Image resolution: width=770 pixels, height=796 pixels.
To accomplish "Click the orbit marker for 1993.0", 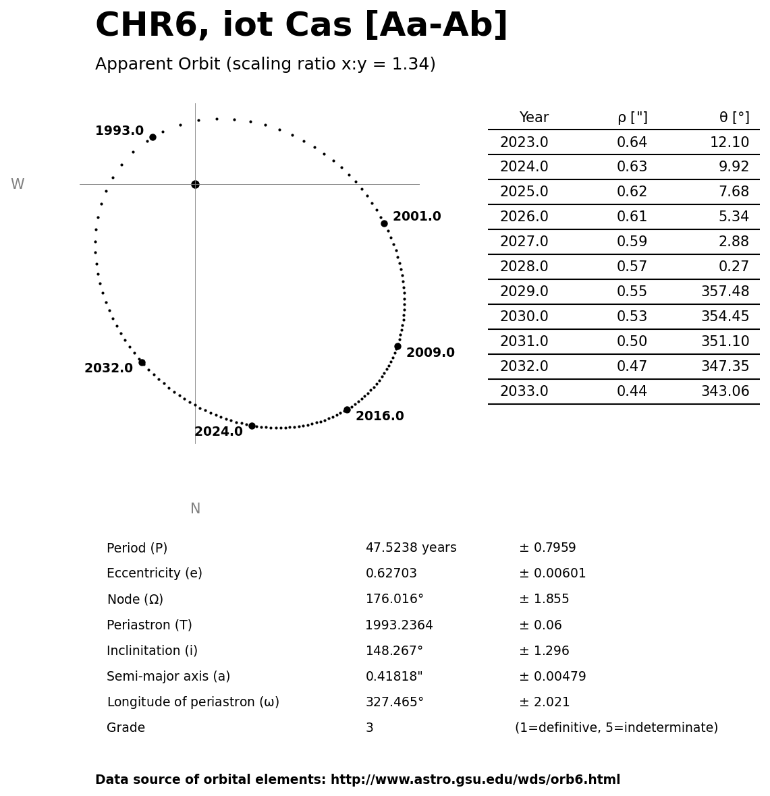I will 153,137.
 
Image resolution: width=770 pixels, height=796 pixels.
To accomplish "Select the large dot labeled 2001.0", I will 384,223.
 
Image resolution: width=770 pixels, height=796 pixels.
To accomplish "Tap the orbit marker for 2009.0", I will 397,346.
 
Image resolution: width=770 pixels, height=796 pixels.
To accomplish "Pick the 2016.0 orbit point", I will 347,409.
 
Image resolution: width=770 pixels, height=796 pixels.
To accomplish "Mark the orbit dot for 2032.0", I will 142,362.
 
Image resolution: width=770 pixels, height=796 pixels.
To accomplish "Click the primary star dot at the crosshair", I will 195,184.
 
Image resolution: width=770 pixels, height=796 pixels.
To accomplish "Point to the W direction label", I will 18,184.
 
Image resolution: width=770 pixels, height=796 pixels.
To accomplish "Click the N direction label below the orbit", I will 195,509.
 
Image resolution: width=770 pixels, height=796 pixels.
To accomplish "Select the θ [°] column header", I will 734,118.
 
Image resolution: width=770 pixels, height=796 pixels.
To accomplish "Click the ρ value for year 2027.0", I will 632,241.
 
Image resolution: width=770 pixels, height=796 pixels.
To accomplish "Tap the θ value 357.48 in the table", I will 725,291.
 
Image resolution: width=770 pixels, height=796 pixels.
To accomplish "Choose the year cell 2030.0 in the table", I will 524,316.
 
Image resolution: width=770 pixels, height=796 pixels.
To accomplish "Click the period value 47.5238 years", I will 410,548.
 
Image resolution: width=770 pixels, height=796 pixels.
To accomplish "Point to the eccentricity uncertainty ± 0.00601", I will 552,573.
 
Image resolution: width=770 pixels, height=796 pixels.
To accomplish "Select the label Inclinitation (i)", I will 152,651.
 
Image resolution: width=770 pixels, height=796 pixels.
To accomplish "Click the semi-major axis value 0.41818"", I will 393,677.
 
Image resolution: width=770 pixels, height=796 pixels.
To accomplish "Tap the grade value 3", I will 369,728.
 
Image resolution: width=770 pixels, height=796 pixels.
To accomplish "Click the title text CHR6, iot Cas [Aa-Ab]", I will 301,26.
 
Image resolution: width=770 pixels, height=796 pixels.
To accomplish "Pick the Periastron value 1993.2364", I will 399,625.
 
